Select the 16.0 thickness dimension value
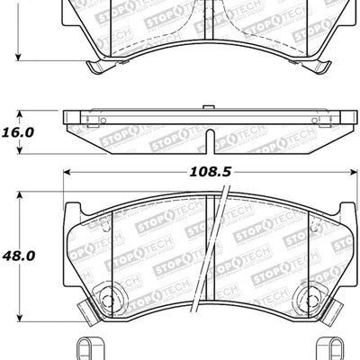pyautogui.click(x=18, y=131)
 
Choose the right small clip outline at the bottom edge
pyautogui.click(x=331, y=347)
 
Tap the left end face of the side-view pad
pyautogui.click(x=67, y=130)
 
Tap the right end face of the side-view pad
pyautogui.click(x=346, y=130)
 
